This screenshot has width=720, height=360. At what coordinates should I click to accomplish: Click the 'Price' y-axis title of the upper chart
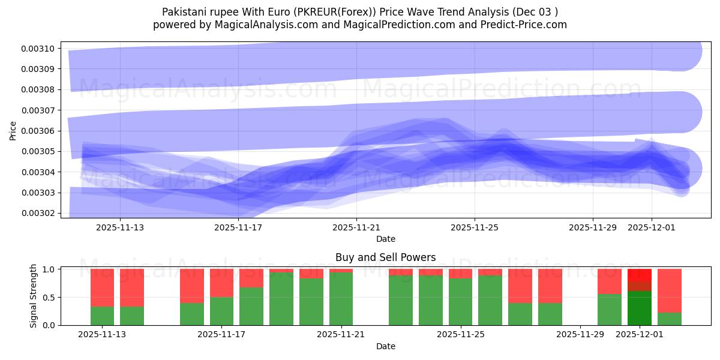[x=13, y=130]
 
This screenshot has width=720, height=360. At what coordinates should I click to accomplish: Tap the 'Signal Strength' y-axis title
[x=34, y=296]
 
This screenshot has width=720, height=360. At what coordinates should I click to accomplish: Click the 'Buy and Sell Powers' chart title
[x=385, y=257]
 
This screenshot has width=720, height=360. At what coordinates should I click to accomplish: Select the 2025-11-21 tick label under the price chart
[x=356, y=227]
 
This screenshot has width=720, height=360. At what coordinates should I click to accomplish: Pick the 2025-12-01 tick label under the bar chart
[x=640, y=334]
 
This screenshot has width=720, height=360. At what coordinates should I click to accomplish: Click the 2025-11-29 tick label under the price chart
[x=593, y=227]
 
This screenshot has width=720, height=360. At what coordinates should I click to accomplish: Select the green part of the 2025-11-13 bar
[x=103, y=316]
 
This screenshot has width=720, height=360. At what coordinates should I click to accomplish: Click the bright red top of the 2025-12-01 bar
[x=640, y=275]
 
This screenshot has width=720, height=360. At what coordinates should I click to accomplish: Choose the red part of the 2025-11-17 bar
[x=222, y=283]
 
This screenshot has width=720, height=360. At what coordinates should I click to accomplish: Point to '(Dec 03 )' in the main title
[x=534, y=11]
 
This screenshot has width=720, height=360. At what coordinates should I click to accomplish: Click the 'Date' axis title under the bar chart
[x=385, y=346]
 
